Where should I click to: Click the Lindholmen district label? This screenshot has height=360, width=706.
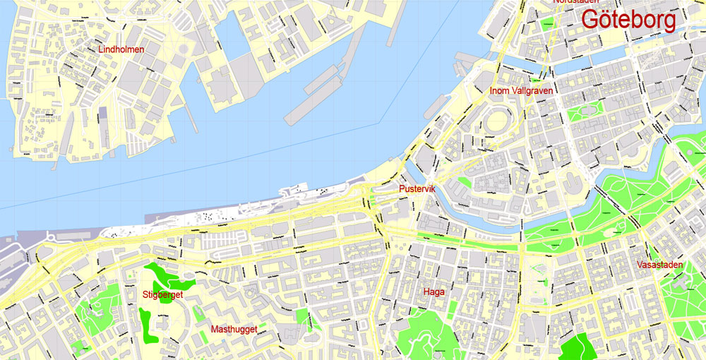[121, 49]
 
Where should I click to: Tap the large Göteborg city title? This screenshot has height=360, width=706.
[628, 19]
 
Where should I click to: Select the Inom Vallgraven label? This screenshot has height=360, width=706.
[522, 90]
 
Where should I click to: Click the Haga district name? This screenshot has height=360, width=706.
[433, 292]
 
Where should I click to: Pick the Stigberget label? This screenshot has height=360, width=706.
[162, 295]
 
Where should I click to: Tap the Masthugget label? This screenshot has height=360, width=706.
[233, 329]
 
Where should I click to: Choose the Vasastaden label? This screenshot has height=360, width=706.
[659, 265]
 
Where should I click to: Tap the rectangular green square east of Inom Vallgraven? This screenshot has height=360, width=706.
[583, 112]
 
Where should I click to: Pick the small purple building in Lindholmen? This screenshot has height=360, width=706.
[104, 113]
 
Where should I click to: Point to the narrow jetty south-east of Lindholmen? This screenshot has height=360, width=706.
[191, 116]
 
